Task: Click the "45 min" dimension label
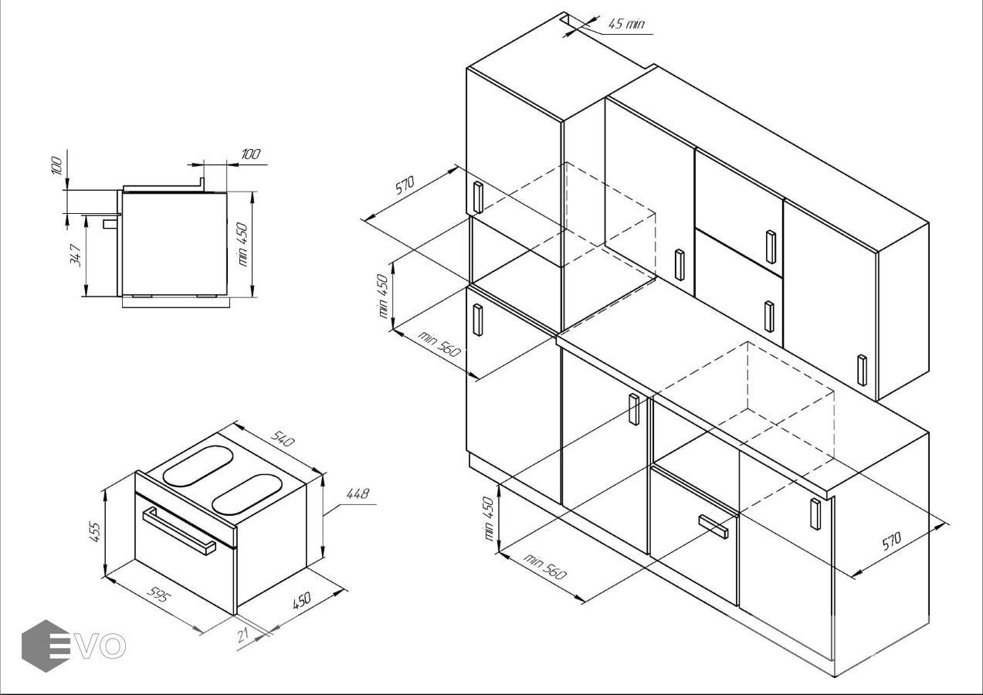coord(626,23)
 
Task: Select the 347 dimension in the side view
coord(76,256)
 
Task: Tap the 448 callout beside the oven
coord(358,493)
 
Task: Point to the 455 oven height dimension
coord(96,531)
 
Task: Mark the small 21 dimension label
coord(242,635)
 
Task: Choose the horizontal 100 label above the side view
coord(251,154)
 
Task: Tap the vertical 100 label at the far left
coord(57,165)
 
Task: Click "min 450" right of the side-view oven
coord(242,244)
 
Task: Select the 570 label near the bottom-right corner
coord(891,541)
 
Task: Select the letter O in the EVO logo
coord(113,646)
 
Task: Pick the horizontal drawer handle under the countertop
coord(713,526)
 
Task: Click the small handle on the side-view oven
coord(110,224)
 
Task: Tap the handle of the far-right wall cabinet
coord(863,370)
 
